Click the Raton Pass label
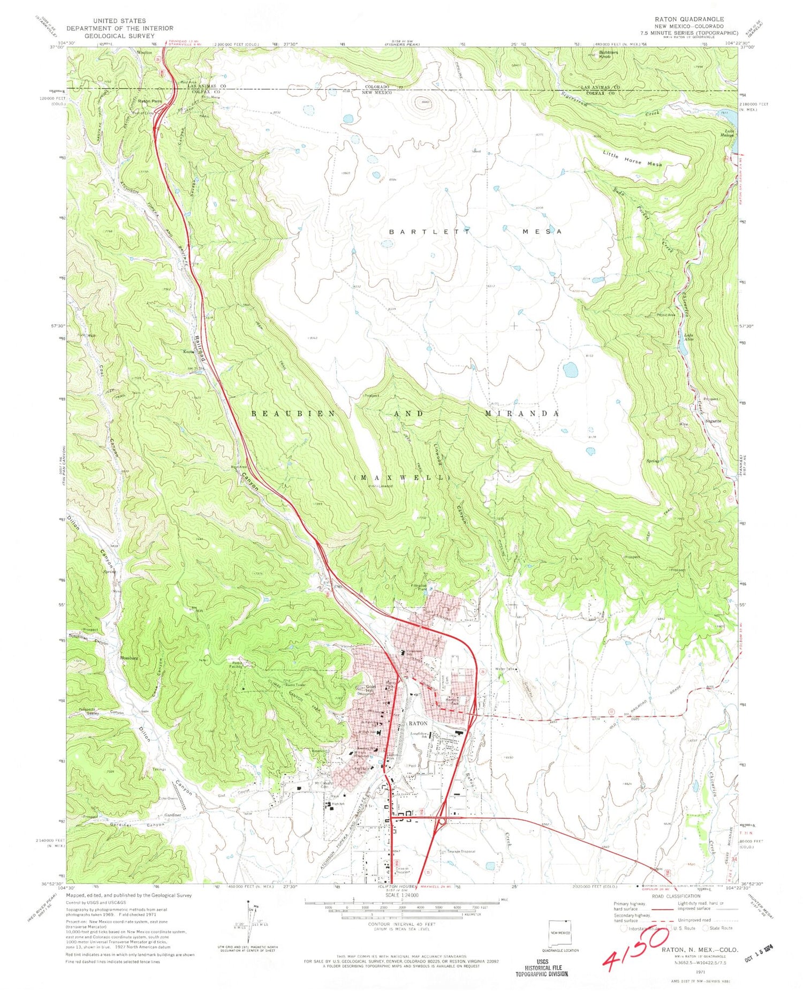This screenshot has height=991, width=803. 149,101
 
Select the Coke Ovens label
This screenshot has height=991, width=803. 168,799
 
